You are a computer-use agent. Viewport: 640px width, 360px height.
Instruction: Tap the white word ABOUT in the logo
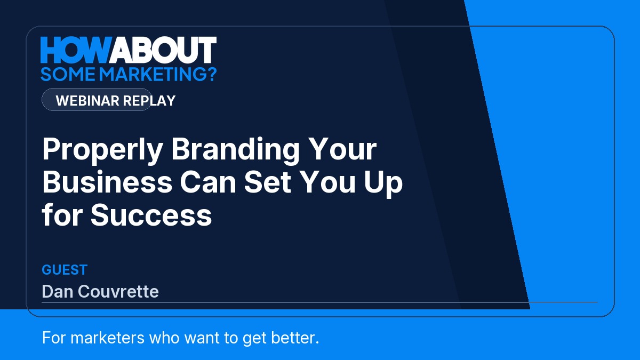163,50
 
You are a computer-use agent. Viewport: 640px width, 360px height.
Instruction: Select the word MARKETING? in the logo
158,74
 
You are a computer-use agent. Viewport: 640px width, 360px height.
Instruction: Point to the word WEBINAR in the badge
87,101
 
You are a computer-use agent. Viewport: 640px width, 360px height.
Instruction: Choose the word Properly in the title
102,150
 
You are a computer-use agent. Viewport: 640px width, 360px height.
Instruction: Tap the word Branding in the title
235,150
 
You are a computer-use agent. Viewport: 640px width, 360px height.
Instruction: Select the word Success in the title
151,215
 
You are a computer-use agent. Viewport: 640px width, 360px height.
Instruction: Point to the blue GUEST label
65,270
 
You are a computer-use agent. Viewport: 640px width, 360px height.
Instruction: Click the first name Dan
57,291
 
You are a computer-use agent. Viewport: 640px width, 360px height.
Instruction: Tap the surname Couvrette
118,291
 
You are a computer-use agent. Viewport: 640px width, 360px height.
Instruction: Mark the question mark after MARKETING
211,74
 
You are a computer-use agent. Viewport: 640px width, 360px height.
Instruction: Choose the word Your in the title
342,149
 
